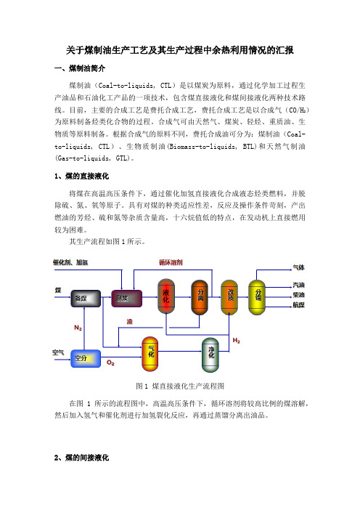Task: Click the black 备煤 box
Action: (86, 299)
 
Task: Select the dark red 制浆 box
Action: (127, 299)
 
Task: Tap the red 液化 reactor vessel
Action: (166, 296)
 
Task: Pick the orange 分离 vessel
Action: (200, 297)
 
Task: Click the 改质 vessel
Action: (229, 297)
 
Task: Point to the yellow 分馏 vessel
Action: (257, 297)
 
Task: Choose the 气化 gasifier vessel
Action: (150, 354)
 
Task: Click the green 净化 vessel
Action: (210, 355)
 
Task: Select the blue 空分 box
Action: (86, 358)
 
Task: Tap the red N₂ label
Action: (78, 328)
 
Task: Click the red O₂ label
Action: (110, 363)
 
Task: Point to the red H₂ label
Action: (236, 341)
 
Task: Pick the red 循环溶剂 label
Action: (171, 262)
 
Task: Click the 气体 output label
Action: (298, 267)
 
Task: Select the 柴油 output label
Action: (298, 295)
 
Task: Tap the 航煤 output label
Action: (298, 304)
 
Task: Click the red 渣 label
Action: (130, 321)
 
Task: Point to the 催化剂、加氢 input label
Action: (70, 262)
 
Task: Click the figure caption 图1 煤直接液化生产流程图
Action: (180, 386)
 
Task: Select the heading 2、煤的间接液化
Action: (81, 458)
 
